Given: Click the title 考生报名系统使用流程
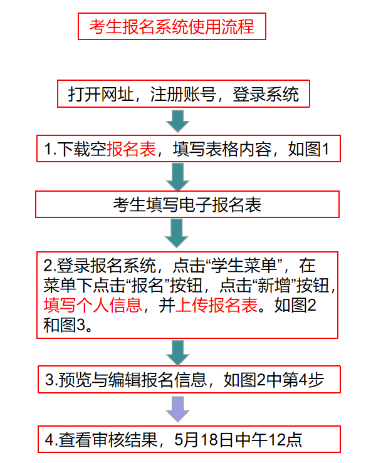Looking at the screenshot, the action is pos(172,26).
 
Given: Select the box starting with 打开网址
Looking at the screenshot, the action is pos(184,93).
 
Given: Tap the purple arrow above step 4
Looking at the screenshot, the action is pos(177,409).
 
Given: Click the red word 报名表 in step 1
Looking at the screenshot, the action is pos(131,149).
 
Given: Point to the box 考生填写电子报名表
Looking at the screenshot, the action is pos(187,204).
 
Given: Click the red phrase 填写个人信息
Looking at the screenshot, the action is pos(93,305).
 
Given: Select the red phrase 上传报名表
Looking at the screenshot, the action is pos(216,305).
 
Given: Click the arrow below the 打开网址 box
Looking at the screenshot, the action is pos(177,122).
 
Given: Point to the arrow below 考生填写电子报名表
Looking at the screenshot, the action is pos(177,233).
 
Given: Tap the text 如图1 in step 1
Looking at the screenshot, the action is pos(309,149).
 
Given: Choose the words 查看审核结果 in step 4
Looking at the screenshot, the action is pos(108,440).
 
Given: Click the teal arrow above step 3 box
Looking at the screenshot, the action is pos(177,353).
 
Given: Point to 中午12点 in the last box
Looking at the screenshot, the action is pos(268,440).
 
